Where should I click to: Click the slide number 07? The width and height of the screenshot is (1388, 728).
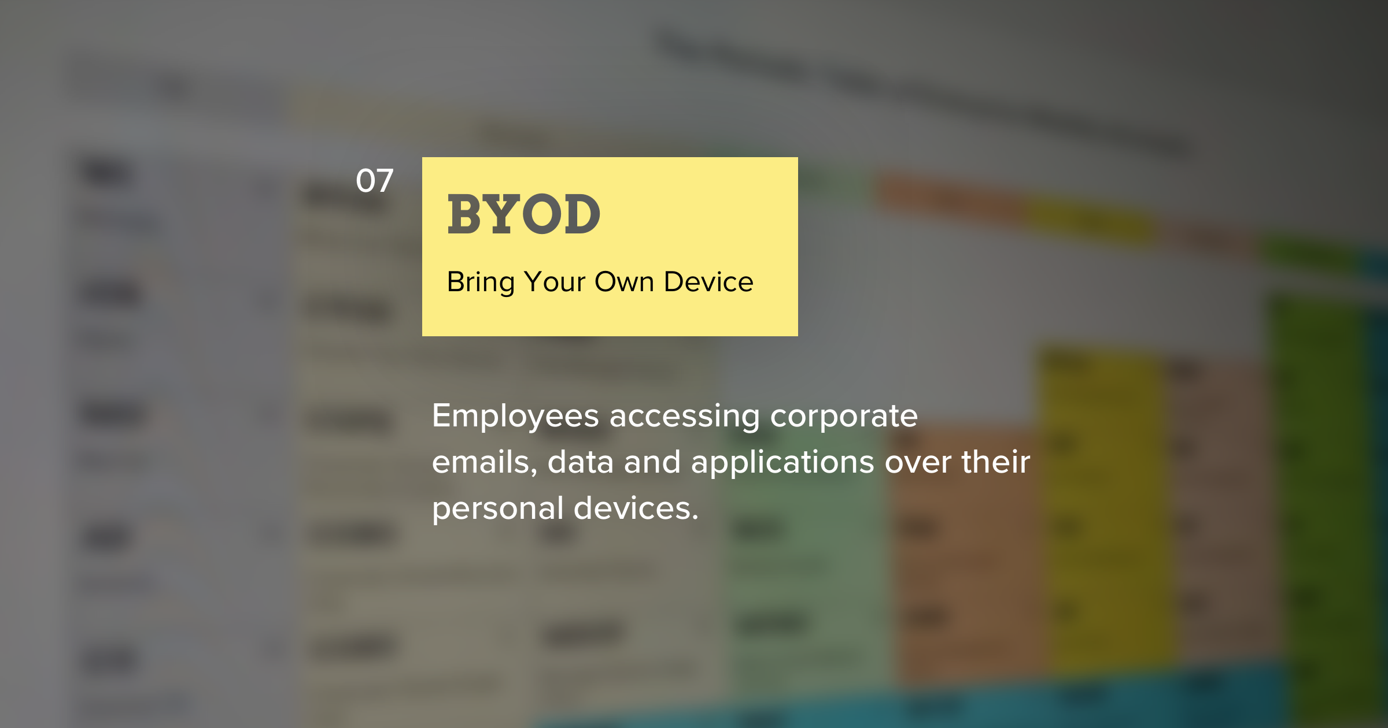coord(375,181)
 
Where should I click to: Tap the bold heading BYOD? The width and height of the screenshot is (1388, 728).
coord(524,214)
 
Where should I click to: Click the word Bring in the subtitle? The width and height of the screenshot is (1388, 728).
coord(481,283)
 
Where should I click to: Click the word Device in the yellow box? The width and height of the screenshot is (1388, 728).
coord(709,282)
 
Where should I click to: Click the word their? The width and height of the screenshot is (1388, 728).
coord(996,462)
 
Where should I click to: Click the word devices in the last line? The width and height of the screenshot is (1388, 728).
coord(636,508)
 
